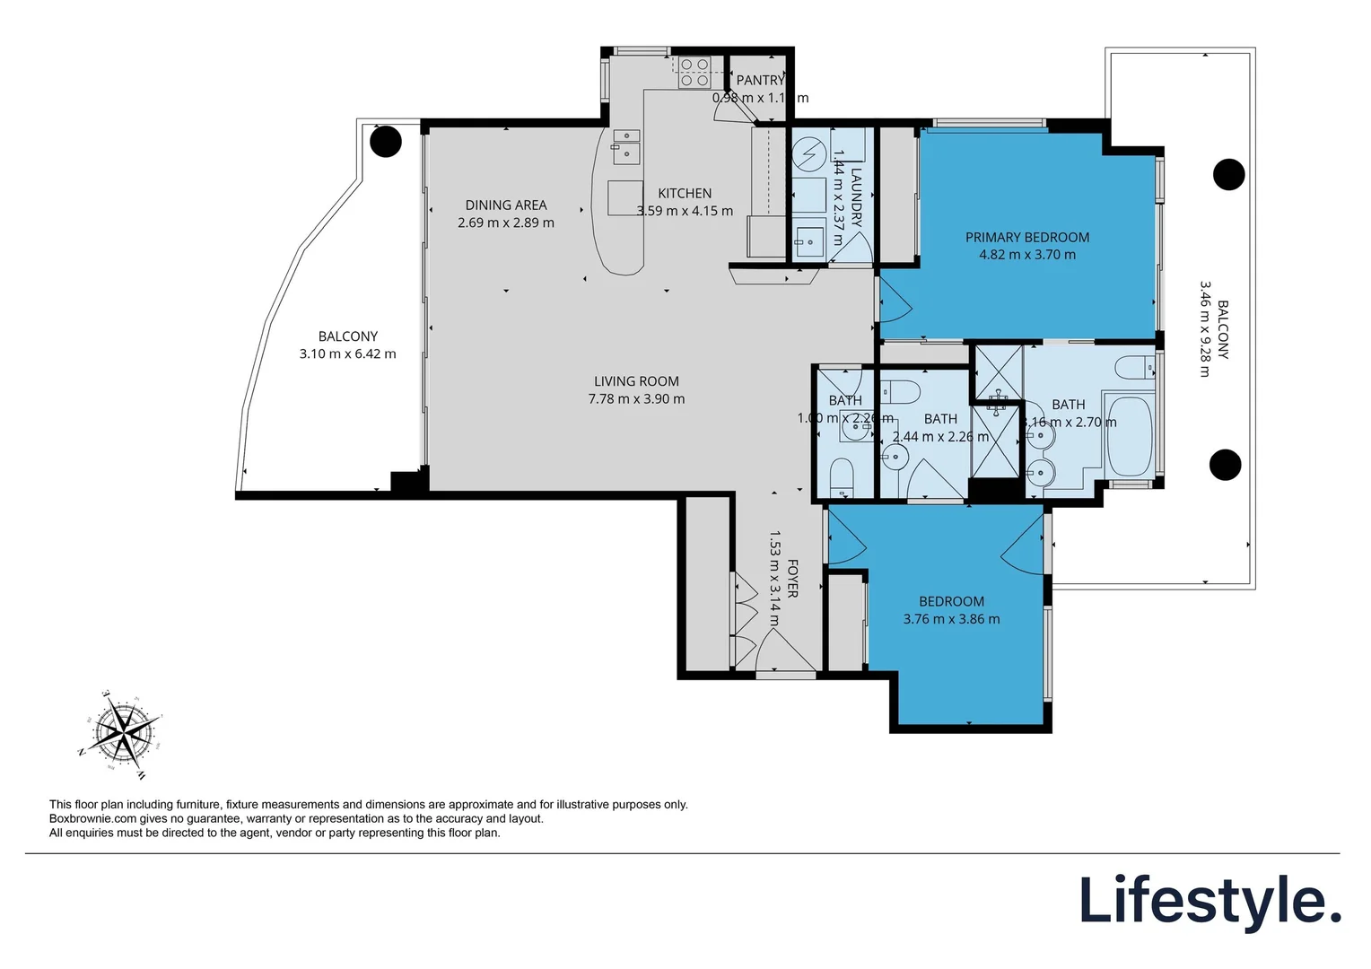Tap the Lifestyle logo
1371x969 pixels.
click(1209, 901)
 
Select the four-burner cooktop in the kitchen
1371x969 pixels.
click(694, 72)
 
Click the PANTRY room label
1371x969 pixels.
click(760, 81)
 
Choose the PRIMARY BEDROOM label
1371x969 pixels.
click(1027, 238)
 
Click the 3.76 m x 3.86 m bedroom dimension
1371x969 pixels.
click(951, 619)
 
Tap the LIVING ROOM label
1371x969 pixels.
click(636, 381)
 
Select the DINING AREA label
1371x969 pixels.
click(506, 205)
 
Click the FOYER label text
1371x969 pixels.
click(792, 579)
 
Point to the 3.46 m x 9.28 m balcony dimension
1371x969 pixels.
click(1205, 329)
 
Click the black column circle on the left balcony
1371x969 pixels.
click(386, 142)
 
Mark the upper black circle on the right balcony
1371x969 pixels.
click(1228, 174)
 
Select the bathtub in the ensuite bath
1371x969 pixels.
click(1129, 437)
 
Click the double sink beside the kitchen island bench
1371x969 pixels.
click(626, 147)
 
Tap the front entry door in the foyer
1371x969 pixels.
click(785, 650)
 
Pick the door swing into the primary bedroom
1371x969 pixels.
click(895, 301)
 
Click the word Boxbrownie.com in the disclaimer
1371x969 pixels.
click(92, 819)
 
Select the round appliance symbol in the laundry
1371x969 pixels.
click(809, 153)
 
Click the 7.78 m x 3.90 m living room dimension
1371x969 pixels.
click(636, 399)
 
